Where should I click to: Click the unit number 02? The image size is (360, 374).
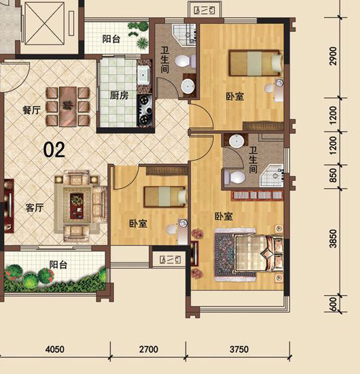pyautogui.click(x=54, y=150)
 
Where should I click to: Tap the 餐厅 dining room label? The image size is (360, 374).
pyautogui.click(x=31, y=110)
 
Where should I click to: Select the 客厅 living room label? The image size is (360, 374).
pyautogui.click(x=35, y=208)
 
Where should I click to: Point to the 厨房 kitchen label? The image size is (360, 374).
pyautogui.click(x=119, y=96)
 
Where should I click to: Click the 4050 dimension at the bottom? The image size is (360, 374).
pyautogui.click(x=55, y=350)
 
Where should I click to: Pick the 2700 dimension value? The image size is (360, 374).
pyautogui.click(x=149, y=350)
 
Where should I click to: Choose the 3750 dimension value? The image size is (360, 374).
pyautogui.click(x=239, y=350)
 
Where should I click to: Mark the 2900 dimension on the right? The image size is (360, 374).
pyautogui.click(x=334, y=56)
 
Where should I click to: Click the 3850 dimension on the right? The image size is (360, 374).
pyautogui.click(x=334, y=239)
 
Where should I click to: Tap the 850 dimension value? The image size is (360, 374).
pyautogui.click(x=334, y=175)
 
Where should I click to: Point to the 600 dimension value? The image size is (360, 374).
pyautogui.click(x=334, y=305)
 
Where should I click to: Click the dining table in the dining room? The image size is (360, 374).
pyautogui.click(x=68, y=106)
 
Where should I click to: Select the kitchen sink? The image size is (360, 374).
pyautogui.click(x=143, y=75)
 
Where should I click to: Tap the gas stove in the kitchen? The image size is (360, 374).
pyautogui.click(x=145, y=110)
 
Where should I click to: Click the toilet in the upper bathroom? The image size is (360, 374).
pyautogui.click(x=185, y=61)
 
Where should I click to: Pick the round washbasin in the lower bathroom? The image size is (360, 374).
pyautogui.click(x=236, y=141)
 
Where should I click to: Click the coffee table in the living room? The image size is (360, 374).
pyautogui.click(x=77, y=206)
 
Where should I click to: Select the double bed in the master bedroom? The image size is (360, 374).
pyautogui.click(x=259, y=254)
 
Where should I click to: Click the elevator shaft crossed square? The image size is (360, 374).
pyautogui.click(x=45, y=23)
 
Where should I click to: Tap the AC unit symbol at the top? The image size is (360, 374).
pyautogui.click(x=204, y=10)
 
